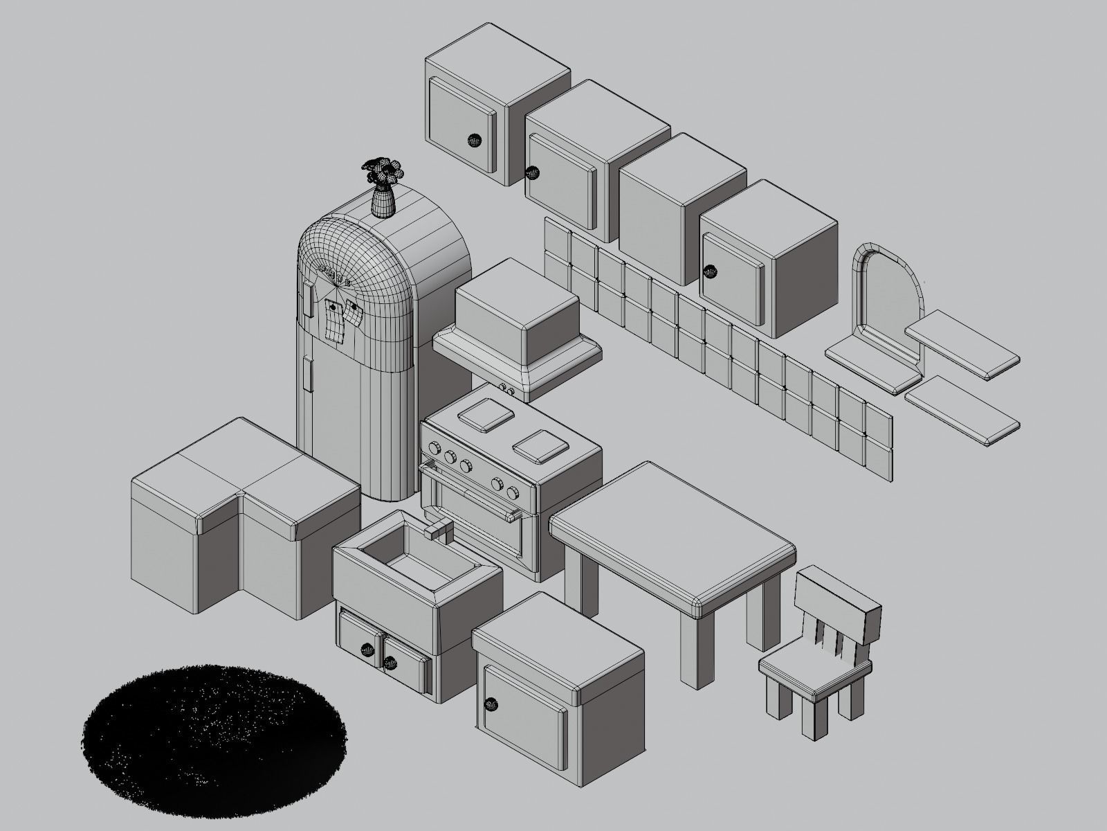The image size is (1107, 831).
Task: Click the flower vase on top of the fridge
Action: pyautogui.click(x=382, y=197)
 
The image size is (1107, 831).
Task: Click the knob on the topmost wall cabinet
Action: pyautogui.click(x=474, y=141)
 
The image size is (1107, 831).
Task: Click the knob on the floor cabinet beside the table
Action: pyautogui.click(x=492, y=705)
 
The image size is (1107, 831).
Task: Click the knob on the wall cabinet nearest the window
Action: pyautogui.click(x=708, y=272)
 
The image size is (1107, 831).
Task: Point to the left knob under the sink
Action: pyautogui.click(x=366, y=650)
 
